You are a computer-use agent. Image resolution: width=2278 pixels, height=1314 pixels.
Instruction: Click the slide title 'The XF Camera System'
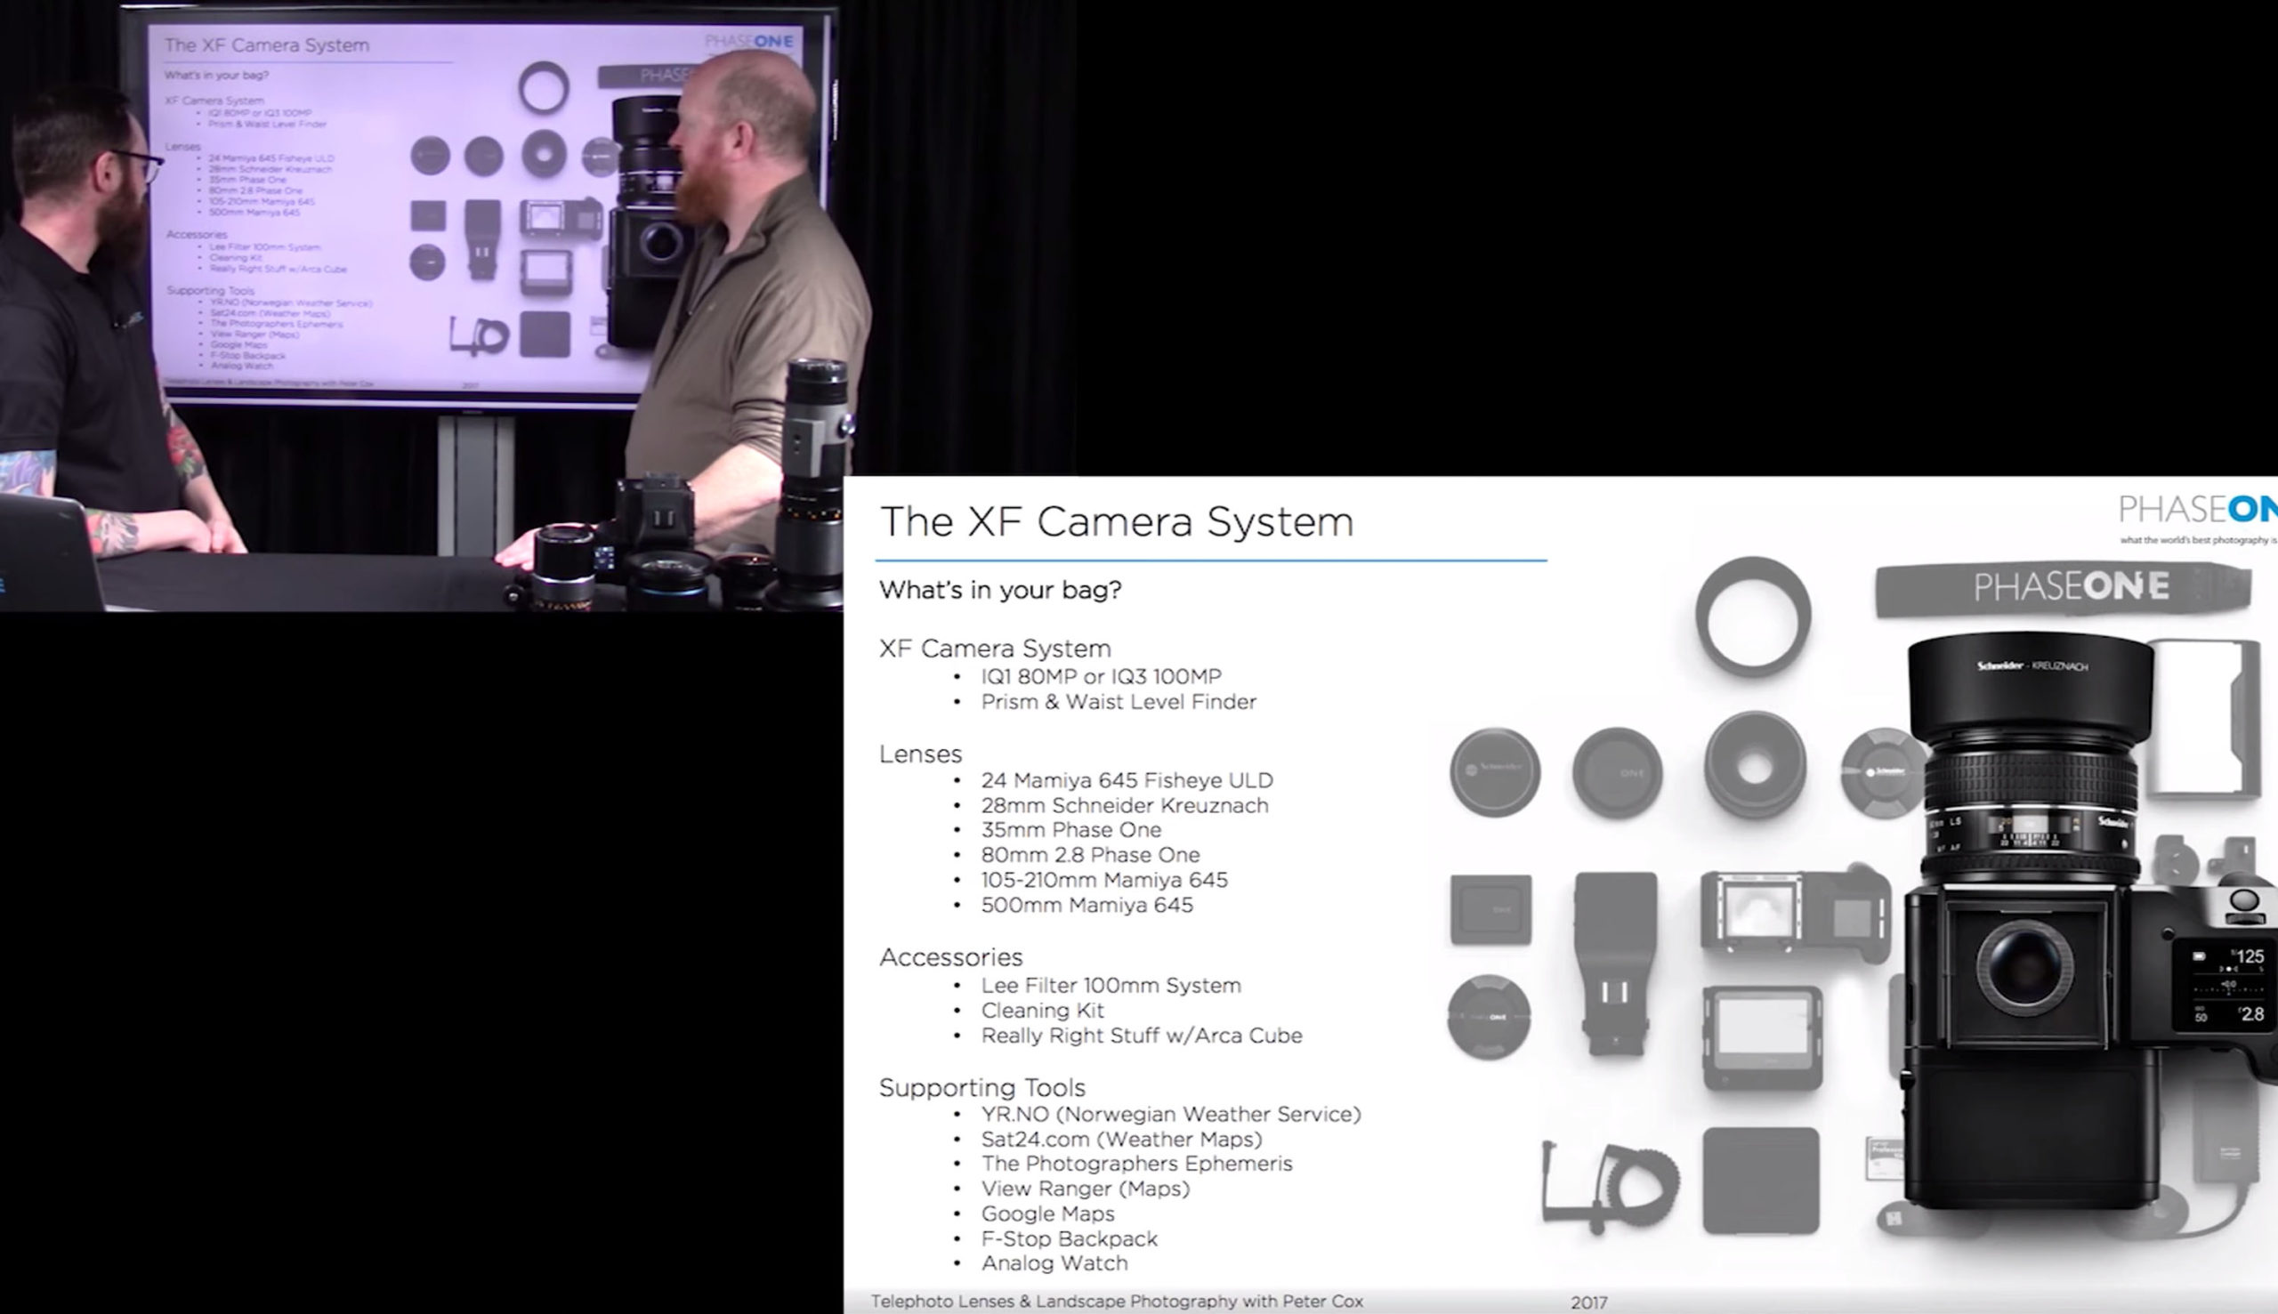click(x=1117, y=522)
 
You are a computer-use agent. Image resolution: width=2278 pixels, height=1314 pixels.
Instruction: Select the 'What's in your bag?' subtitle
click(x=1000, y=590)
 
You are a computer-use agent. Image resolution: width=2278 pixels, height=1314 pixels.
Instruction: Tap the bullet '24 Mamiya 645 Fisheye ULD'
click(x=1127, y=780)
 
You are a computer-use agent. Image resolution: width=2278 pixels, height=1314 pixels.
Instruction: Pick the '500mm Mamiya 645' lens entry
click(x=1086, y=905)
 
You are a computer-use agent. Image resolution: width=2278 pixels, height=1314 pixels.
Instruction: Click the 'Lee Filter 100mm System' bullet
click(x=1111, y=986)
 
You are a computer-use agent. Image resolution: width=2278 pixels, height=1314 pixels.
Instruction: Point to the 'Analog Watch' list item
click(x=1054, y=1263)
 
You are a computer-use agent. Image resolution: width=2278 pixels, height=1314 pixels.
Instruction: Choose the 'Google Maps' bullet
click(x=1047, y=1213)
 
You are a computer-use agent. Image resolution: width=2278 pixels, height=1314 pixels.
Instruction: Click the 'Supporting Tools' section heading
click(x=982, y=1088)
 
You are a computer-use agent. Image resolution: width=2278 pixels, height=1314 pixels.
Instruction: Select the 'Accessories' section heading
click(x=950, y=957)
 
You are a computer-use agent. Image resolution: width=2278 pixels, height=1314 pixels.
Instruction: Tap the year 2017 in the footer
click(x=1588, y=1303)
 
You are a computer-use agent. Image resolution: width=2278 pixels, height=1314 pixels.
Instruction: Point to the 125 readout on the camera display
click(x=2250, y=956)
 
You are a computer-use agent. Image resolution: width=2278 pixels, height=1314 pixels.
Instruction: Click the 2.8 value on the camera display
click(x=2252, y=1014)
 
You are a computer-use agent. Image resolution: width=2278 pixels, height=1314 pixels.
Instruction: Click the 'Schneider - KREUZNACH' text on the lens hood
click(x=2032, y=667)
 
